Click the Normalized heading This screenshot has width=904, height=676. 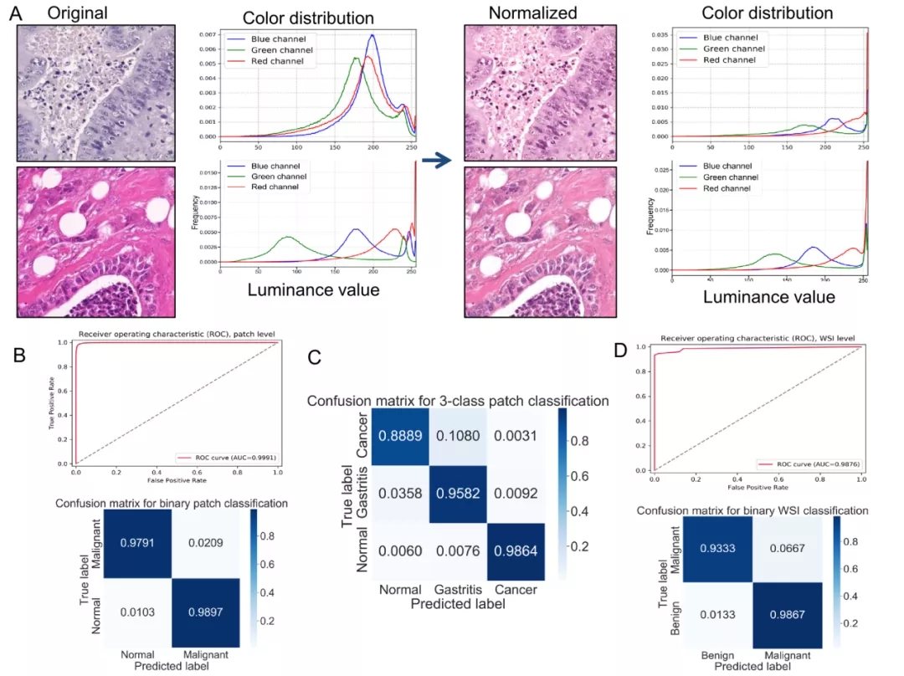point(533,13)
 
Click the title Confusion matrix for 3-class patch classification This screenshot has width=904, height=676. point(458,401)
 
